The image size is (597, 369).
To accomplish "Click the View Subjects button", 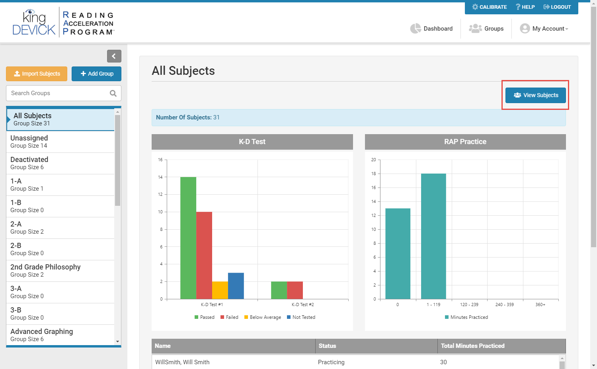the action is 535,95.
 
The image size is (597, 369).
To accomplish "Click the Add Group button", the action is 96,74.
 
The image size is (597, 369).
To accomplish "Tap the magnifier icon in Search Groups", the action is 113,93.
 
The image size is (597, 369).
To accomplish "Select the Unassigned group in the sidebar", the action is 60,142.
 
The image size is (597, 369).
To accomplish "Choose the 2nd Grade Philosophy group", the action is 60,271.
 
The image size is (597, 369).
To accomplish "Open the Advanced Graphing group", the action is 60,335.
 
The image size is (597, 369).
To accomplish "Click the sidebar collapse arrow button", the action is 114,56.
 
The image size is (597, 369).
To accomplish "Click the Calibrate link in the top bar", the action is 489,7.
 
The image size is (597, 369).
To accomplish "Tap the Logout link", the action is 557,7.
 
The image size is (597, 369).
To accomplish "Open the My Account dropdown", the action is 544,29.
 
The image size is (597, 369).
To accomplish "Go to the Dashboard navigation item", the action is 431,29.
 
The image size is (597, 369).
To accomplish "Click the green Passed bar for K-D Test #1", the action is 188,238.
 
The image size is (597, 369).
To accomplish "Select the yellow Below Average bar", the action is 220,290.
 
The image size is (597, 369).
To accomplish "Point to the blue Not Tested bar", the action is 236,286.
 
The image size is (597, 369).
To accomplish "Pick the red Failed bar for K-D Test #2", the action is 295,290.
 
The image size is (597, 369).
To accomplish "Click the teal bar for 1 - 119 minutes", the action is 433,236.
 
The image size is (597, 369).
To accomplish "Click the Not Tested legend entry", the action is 301,317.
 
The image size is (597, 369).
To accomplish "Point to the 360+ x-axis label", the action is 540,305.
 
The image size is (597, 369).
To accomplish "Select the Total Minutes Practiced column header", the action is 472,346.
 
